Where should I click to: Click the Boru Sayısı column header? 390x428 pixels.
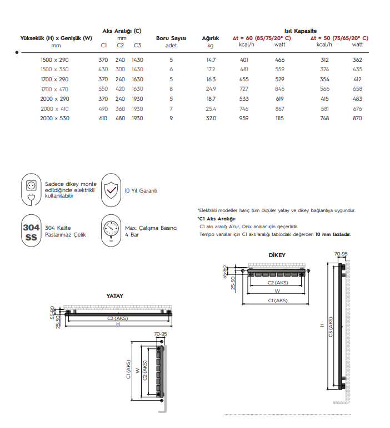tap(171, 38)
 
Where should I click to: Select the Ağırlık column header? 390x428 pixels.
tap(211, 38)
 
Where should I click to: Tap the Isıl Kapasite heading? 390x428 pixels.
tap(301, 31)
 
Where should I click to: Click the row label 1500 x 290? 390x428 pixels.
tap(55, 59)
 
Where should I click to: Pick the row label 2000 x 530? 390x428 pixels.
tap(55, 119)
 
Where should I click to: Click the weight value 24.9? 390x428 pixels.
tap(211, 89)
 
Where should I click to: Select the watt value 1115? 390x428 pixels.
tap(280, 119)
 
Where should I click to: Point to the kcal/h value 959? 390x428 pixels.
tap(243, 119)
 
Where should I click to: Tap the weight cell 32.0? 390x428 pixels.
tap(211, 119)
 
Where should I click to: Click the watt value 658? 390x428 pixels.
tap(357, 89)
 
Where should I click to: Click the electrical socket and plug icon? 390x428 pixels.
tap(31, 189)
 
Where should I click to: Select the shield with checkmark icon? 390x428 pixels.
tap(112, 190)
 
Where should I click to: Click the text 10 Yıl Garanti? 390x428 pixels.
tap(141, 190)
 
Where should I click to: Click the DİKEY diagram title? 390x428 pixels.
tap(276, 255)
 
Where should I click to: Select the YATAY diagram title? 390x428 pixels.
tap(114, 296)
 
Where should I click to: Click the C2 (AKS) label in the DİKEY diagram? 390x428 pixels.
tap(278, 283)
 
